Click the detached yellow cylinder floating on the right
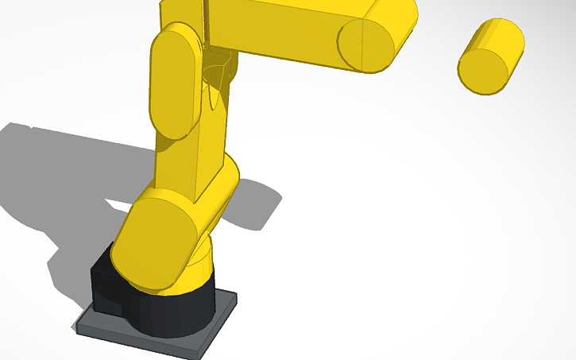click(491, 57)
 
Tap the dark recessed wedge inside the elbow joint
click(219, 72)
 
